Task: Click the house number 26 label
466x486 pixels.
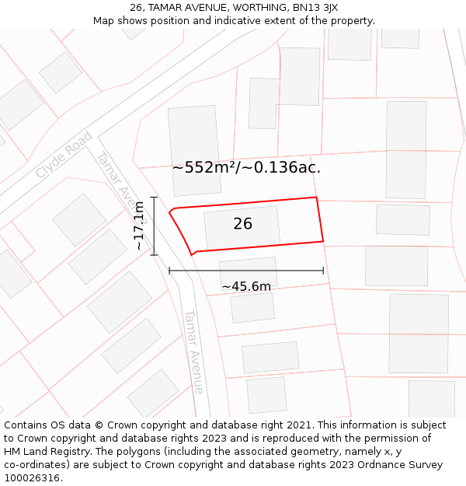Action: pos(242,224)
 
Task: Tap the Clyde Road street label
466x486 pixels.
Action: pos(64,155)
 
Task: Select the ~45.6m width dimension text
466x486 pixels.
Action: pos(246,287)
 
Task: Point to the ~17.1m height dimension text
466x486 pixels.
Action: pos(139,226)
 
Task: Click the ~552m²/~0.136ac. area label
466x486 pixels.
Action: pos(246,167)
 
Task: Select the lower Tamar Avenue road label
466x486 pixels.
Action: pos(193,351)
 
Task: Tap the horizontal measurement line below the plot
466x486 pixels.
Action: pos(246,271)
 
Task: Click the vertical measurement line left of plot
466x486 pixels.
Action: pos(155,226)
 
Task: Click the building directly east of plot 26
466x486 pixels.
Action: pos(402,219)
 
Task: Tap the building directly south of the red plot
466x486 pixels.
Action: pos(249,272)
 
